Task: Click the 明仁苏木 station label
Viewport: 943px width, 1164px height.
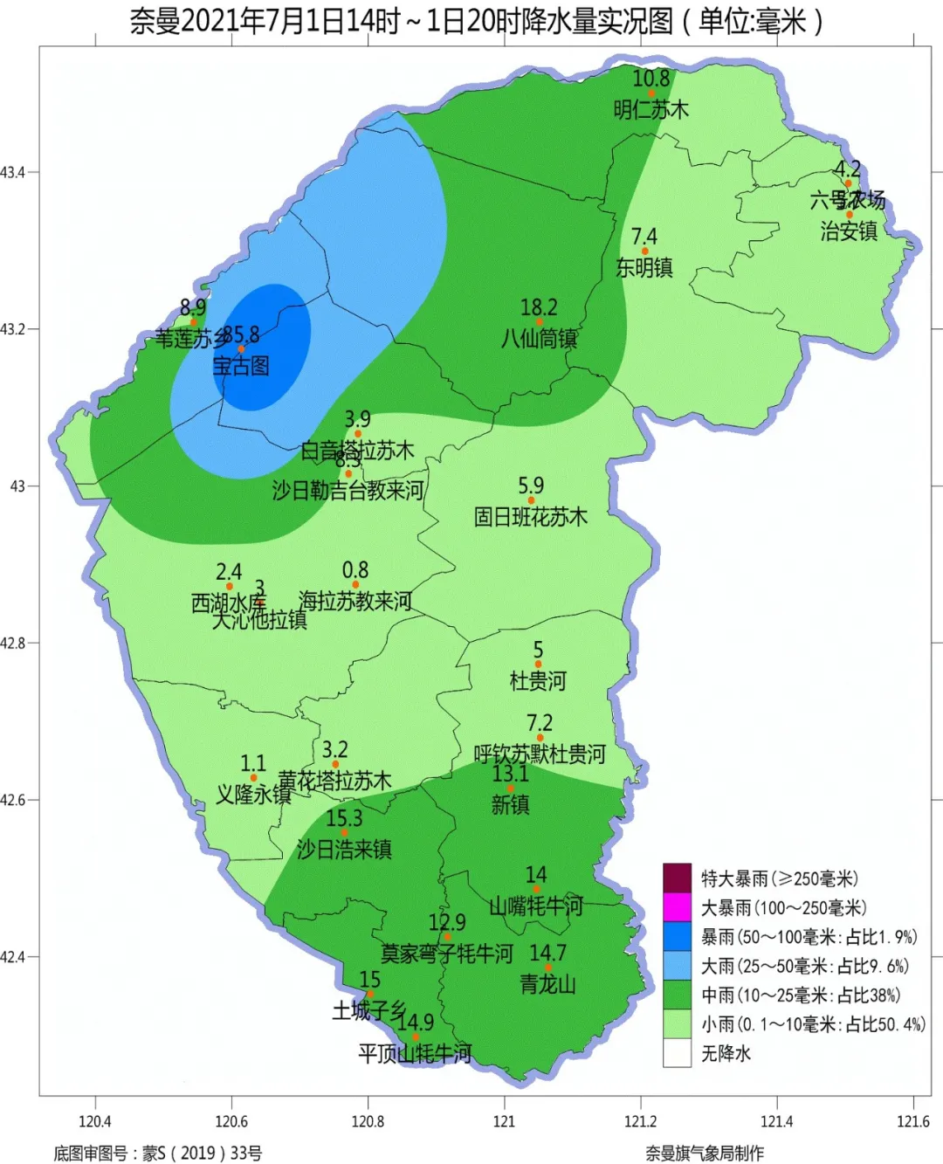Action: tap(650, 109)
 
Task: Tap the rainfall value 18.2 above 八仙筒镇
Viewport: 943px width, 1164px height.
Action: tap(539, 307)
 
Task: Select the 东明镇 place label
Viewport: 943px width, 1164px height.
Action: tap(644, 267)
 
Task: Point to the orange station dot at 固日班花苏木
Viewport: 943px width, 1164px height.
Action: tap(531, 500)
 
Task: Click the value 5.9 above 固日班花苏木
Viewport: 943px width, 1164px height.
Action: tap(531, 486)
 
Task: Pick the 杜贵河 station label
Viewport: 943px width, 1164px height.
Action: tap(538, 680)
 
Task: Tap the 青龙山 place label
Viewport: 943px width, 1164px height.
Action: tap(547, 984)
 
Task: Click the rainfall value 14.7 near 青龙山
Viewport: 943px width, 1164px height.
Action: tap(547, 953)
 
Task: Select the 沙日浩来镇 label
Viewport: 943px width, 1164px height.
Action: tap(344, 849)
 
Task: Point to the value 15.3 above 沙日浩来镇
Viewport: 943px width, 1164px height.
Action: tap(344, 818)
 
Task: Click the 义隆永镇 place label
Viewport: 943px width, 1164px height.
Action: tap(253, 794)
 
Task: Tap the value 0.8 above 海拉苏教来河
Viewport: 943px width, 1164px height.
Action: tap(355, 570)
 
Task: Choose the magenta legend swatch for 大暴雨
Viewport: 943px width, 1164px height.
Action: tap(677, 907)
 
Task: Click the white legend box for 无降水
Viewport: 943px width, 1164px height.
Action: tap(677, 1053)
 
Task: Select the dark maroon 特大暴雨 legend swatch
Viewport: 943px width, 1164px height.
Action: tap(677, 878)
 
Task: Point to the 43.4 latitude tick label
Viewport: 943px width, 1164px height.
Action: tap(13, 172)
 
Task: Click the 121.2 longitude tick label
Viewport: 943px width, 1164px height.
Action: tap(640, 1121)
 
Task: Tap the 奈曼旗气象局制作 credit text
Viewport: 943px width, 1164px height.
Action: tap(705, 1153)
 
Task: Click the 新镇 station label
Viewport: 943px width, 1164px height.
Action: tap(510, 804)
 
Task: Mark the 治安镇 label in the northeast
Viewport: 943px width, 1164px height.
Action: tap(849, 231)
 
